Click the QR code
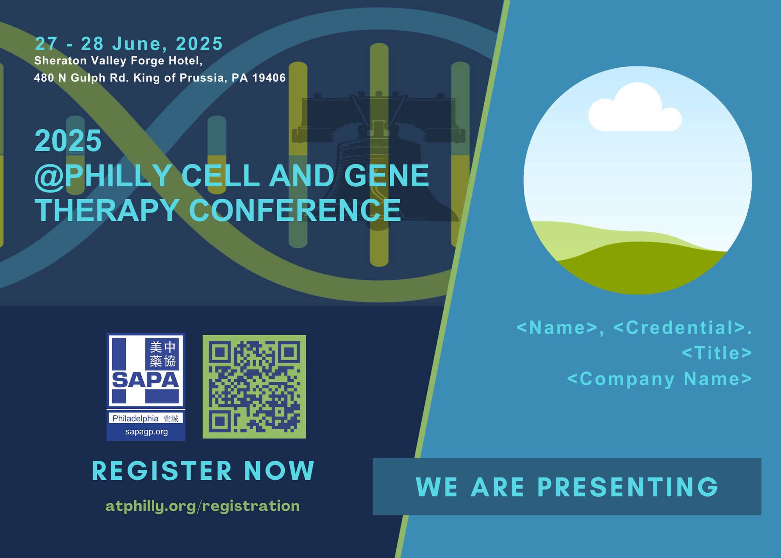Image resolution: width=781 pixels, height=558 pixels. coord(254,386)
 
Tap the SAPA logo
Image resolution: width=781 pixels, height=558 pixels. coord(146,387)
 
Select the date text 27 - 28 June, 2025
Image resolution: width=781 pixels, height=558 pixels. coord(129,44)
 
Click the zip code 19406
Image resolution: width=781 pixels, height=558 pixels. coord(269,78)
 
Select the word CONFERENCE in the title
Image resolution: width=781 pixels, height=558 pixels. coord(295,210)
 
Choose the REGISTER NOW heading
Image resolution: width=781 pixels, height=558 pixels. coord(203,470)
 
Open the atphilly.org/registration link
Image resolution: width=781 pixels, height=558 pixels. coord(203,506)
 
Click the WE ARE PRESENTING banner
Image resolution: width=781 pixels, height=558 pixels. coord(567,486)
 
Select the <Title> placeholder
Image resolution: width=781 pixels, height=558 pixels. coord(717,353)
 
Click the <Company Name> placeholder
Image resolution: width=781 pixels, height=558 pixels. coord(660,379)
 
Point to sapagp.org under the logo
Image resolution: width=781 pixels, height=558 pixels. coord(146,432)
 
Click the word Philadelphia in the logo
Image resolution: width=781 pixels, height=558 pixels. coord(136,418)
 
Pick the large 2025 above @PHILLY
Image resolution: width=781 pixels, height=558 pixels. coord(68,141)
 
